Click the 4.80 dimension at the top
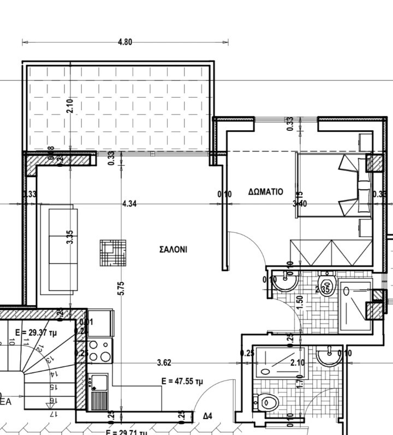point(125,41)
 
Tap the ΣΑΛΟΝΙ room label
point(173,250)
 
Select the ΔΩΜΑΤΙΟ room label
point(265,192)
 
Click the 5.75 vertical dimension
point(121,288)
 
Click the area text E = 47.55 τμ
point(183,382)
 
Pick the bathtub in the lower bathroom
point(276,362)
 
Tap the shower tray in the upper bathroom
point(355,305)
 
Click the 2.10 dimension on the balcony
point(69,106)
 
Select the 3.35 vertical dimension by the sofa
point(69,238)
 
